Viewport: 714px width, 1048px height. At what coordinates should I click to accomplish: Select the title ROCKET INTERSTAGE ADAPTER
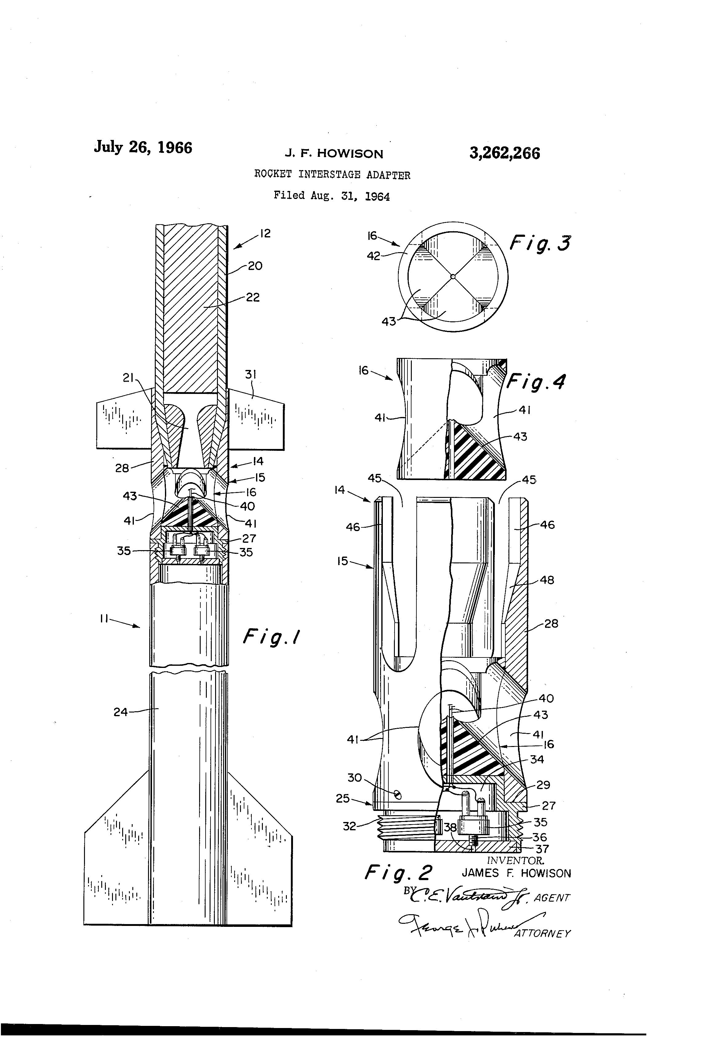pos(332,175)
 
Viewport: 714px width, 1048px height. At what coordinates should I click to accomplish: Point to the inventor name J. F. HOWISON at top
pos(334,154)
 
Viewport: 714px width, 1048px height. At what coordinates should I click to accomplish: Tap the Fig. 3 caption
pos(540,244)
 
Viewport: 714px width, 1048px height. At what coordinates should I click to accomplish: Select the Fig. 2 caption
pos(398,872)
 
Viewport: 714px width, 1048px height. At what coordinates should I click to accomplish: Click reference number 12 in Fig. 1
pos(265,234)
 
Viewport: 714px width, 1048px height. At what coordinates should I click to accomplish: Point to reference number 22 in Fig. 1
pos(253,298)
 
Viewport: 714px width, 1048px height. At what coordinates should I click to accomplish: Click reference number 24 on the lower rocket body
pos(121,712)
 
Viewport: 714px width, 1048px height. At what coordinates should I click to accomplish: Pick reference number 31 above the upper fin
pos(251,374)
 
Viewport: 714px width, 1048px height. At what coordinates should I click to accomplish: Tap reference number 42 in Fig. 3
pos(373,256)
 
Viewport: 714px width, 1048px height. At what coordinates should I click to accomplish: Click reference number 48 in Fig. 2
pos(547,580)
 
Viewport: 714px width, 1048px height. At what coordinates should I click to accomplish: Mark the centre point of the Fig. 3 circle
pos(453,276)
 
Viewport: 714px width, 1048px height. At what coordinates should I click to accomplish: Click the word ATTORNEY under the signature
pos(542,934)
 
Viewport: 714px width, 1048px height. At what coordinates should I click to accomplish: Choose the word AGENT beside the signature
pos(552,898)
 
